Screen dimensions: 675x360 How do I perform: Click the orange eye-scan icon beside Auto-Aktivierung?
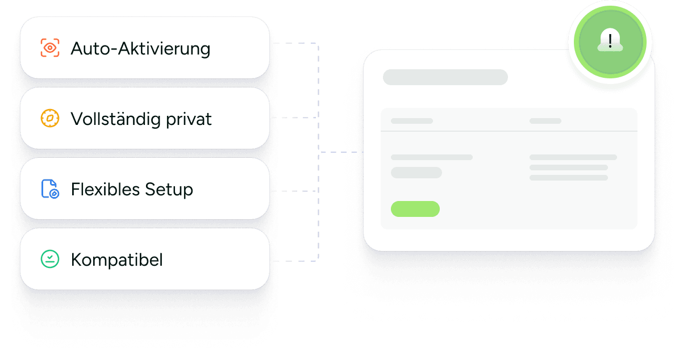pos(50,48)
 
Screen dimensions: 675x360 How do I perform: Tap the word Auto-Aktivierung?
pos(141,49)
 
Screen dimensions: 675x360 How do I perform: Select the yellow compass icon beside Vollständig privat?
pos(50,118)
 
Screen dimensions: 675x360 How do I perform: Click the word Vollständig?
pos(116,119)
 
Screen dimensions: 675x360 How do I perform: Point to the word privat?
pos(189,119)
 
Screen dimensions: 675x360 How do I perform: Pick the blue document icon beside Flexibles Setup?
pos(50,189)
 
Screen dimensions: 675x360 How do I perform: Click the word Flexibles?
pos(106,189)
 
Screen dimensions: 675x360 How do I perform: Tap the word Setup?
pos(169,190)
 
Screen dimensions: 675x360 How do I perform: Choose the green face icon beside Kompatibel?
pos(50,259)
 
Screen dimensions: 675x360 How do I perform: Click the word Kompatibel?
pos(116,260)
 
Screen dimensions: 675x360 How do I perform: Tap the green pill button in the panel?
pos(415,209)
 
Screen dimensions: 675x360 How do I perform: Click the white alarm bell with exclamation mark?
pos(610,40)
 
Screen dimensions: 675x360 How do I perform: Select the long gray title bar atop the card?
pos(445,77)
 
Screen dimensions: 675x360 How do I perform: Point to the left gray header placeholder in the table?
pos(412,121)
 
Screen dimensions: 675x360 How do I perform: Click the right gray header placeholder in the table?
pos(545,121)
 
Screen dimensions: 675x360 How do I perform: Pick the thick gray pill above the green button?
pos(416,173)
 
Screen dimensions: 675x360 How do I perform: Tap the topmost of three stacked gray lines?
pos(573,157)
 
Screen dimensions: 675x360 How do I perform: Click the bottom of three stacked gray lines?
pos(569,178)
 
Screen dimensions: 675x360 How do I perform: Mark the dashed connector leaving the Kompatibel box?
pos(295,261)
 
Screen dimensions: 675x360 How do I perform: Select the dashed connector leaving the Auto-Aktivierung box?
pos(295,44)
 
